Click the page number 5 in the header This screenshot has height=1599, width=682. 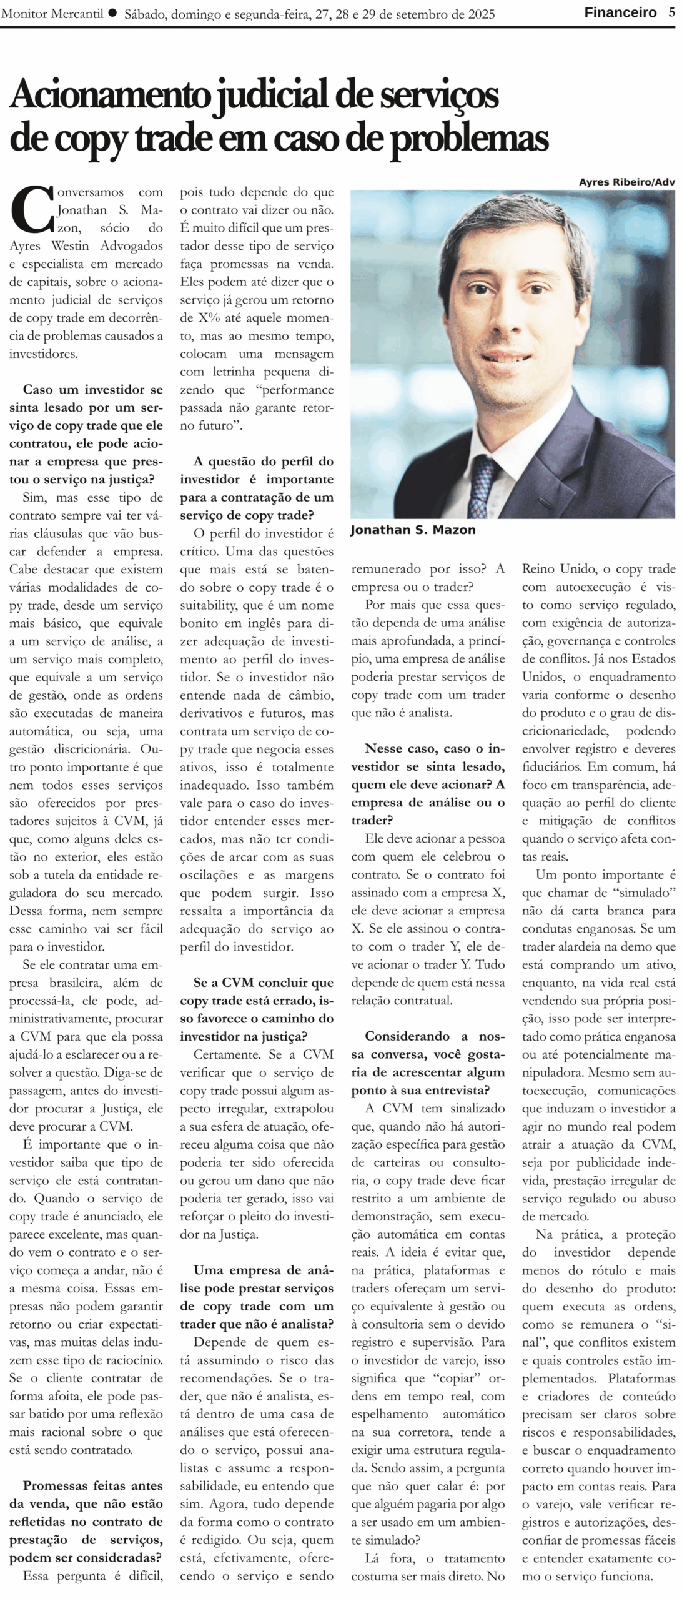pyautogui.click(x=671, y=12)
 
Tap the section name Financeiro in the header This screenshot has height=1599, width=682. pyautogui.click(x=620, y=12)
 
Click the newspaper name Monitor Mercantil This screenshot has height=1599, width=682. pyautogui.click(x=52, y=14)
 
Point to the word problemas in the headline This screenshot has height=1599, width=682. pyautogui.click(x=469, y=139)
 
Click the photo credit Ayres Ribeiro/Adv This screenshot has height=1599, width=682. pyautogui.click(x=626, y=182)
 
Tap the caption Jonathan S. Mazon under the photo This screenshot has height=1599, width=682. pyautogui.click(x=413, y=530)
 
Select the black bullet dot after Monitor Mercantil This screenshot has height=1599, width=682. pyautogui.click(x=112, y=12)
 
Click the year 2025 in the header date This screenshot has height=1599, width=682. pyautogui.click(x=478, y=14)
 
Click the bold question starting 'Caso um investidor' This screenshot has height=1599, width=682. pyautogui.click(x=86, y=434)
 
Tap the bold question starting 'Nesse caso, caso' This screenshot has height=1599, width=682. pyautogui.click(x=428, y=784)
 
